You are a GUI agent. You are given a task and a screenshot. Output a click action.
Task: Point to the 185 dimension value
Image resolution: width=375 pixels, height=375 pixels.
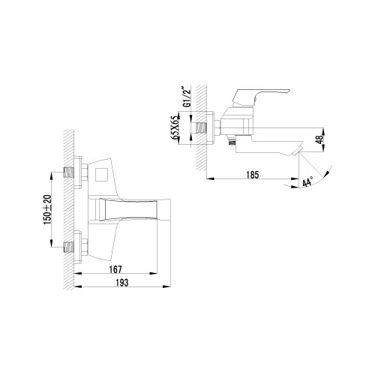pos(252,175)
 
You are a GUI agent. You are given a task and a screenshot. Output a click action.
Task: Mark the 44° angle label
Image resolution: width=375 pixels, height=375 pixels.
pos(307,182)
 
